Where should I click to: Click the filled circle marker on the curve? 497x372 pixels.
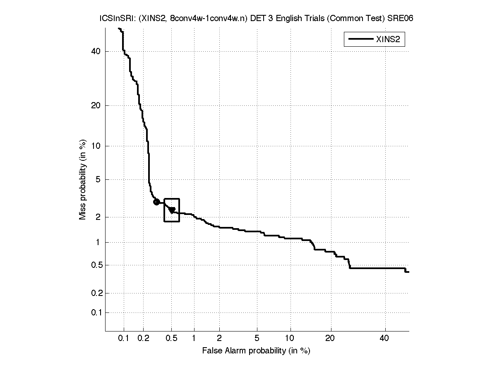coord(156,202)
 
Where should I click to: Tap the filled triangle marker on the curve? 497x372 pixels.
coord(172,210)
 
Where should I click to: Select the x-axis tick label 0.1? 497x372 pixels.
coord(124,339)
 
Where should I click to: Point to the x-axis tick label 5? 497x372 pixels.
coord(257,339)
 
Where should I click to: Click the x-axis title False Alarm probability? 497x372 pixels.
coord(256,351)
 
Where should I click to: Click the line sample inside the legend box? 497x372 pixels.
coord(360,40)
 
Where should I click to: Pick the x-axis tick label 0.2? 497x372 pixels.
coord(143,339)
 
